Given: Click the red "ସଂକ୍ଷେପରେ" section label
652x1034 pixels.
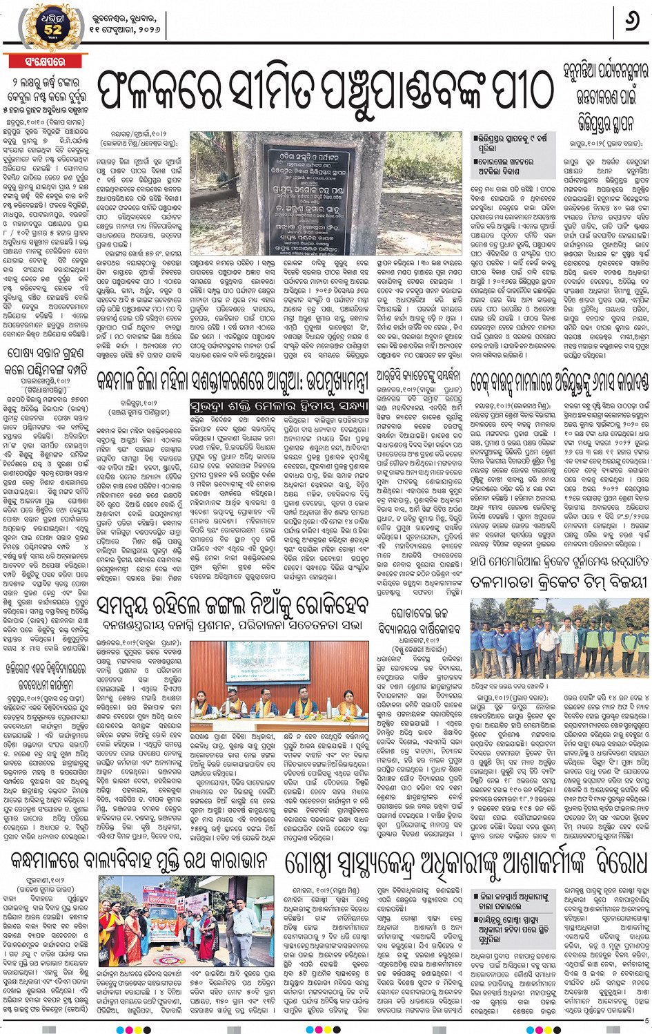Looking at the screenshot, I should pos(45,61).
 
